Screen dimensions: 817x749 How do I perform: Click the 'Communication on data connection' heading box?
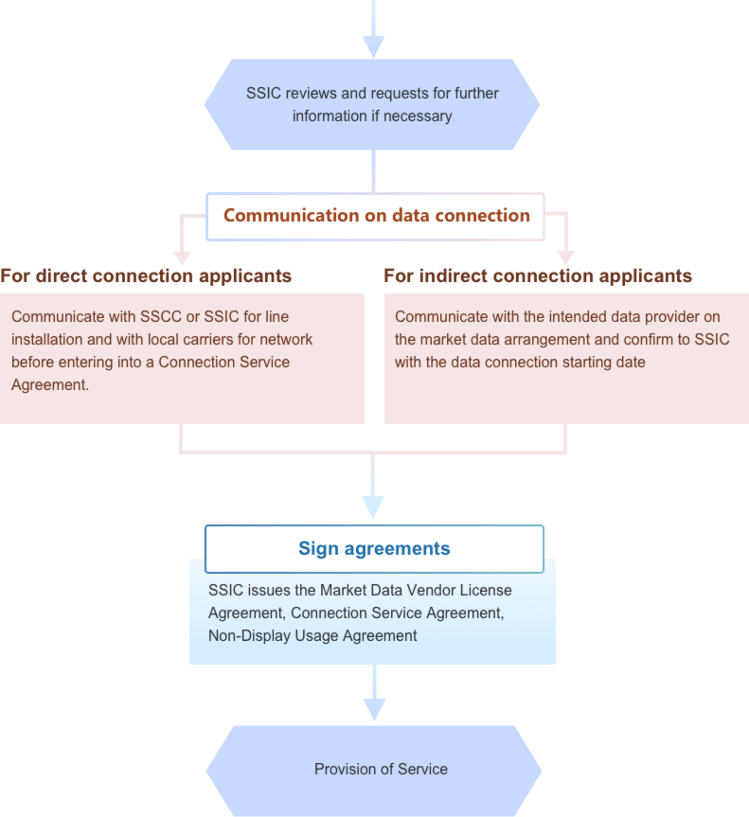(x=376, y=216)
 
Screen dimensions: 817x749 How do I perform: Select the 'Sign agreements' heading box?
(x=374, y=549)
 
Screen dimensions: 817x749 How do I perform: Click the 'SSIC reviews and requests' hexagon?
(x=372, y=104)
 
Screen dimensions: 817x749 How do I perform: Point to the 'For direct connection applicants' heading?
(x=146, y=276)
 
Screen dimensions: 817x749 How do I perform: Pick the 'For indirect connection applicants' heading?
(x=538, y=276)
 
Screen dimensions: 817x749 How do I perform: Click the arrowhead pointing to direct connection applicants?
(x=183, y=257)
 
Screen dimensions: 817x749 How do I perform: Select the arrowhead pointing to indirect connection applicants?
(x=565, y=257)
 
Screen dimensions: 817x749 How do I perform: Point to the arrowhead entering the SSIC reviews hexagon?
(x=374, y=45)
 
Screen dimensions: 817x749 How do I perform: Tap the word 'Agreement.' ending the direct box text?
(x=50, y=384)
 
